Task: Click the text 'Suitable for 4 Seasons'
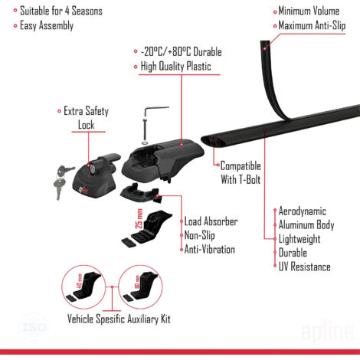(x=61, y=11)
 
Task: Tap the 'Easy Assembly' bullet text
(x=47, y=26)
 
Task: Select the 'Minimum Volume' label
(x=309, y=11)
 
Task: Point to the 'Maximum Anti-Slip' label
(x=312, y=26)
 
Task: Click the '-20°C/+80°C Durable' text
(x=182, y=52)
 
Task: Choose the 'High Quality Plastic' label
(x=176, y=67)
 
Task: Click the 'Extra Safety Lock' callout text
(x=87, y=118)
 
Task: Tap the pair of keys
(x=63, y=181)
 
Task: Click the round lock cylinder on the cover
(x=92, y=169)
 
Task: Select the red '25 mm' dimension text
(x=139, y=219)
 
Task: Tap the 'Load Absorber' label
(x=211, y=221)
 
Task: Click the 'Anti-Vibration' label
(x=210, y=250)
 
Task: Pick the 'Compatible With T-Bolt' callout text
(x=241, y=172)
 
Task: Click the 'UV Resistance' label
(x=305, y=267)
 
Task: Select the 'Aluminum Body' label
(x=306, y=225)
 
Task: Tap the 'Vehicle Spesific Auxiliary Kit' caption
(x=119, y=319)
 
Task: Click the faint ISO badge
(x=34, y=328)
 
